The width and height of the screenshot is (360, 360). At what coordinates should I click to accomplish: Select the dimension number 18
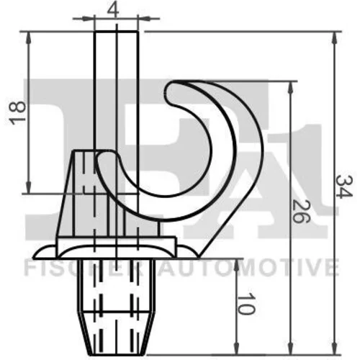tap(17, 113)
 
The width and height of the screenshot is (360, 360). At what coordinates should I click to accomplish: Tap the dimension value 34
tap(344, 186)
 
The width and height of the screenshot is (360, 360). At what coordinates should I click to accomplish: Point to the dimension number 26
tap(301, 211)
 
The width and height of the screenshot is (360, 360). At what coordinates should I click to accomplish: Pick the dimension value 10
tap(246, 303)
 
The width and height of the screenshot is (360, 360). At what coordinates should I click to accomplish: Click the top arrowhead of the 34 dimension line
tap(334, 37)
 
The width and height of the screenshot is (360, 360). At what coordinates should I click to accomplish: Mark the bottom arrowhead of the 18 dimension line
tap(29, 188)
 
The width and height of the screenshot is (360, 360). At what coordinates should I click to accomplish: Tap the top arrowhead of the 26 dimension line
tap(291, 87)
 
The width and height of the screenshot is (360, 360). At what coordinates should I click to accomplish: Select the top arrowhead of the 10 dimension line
tap(237, 265)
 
